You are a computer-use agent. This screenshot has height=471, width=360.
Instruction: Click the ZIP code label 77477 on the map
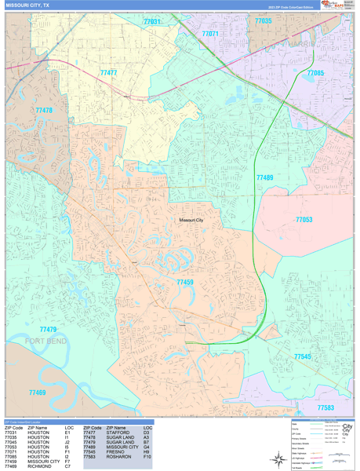click(108, 73)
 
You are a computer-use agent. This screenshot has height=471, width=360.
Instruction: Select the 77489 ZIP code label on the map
click(264, 178)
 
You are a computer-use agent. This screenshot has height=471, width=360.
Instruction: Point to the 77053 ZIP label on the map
click(304, 220)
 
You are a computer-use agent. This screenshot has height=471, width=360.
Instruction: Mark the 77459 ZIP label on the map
click(185, 282)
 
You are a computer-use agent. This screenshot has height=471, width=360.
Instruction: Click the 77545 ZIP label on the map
click(302, 356)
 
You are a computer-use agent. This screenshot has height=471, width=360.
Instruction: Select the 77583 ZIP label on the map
click(325, 407)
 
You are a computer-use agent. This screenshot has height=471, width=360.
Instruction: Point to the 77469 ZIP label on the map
click(37, 392)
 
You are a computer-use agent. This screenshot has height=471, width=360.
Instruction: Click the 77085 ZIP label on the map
click(315, 73)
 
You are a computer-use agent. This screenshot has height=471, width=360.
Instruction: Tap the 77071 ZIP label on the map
click(210, 35)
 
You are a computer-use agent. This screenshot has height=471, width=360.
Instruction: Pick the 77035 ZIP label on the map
click(263, 21)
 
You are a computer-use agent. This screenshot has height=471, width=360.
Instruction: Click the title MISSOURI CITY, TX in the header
click(32, 5)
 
